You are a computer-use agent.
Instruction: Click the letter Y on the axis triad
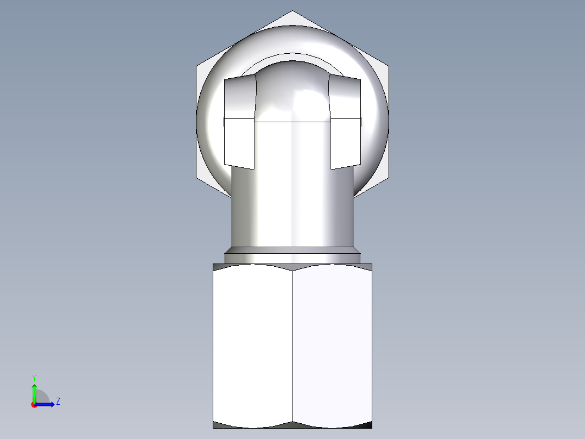click(34, 377)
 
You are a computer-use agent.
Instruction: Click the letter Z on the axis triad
click(58, 402)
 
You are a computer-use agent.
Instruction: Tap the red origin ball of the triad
click(34, 405)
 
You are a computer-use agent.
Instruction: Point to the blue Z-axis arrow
click(47, 404)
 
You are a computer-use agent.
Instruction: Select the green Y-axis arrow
click(34, 391)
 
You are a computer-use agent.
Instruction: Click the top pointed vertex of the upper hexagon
click(292, 11)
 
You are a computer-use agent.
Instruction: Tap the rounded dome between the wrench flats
click(292, 92)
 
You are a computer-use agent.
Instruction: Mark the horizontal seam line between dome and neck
click(292, 122)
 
